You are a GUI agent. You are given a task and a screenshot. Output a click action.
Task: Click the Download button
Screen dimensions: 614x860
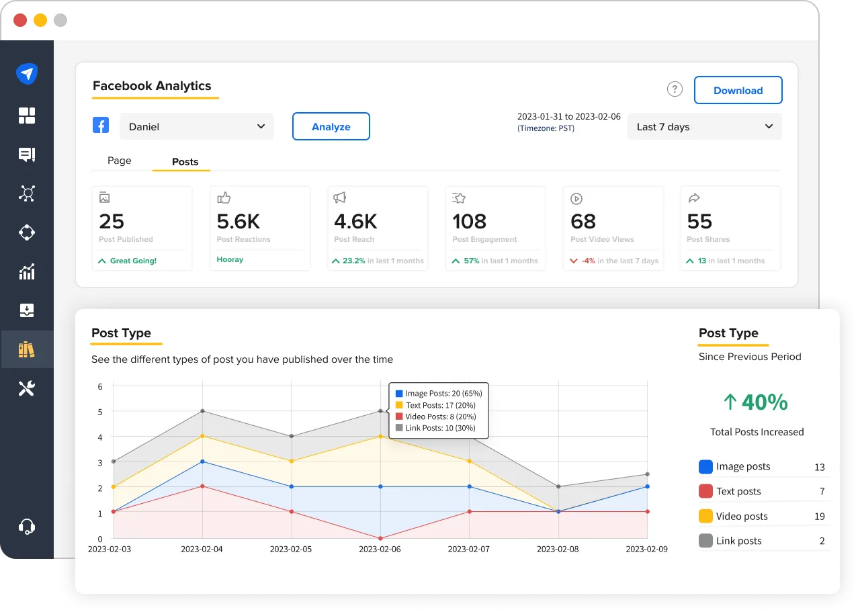(x=738, y=90)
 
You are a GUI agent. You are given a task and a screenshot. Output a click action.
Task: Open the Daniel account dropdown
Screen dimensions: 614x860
(x=196, y=126)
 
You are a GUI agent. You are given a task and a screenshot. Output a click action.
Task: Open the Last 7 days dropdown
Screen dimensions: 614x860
(x=704, y=126)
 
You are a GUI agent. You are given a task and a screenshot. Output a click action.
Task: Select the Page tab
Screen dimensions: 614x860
(x=120, y=161)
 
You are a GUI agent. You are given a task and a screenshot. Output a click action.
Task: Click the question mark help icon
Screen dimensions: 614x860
(x=675, y=89)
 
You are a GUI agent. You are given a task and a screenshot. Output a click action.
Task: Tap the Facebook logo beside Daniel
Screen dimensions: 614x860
(x=101, y=125)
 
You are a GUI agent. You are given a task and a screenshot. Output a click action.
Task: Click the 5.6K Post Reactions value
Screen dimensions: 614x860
(x=238, y=221)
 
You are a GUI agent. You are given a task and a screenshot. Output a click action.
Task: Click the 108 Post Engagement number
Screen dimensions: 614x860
(x=469, y=221)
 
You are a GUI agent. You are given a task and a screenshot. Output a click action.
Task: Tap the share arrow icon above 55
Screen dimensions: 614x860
(x=694, y=198)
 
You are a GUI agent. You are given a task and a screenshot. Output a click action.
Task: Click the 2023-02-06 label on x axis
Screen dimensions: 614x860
(x=380, y=549)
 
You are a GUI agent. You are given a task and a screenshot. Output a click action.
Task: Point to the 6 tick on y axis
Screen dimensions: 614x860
(x=100, y=386)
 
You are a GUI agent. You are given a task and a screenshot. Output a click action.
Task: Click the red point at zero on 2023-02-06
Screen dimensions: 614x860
(x=380, y=538)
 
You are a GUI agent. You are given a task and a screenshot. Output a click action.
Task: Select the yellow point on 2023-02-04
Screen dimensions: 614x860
(x=202, y=437)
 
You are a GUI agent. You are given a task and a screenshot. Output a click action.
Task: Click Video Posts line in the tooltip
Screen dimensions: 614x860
(x=438, y=416)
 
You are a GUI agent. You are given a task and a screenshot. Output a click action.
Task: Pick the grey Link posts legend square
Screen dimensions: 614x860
(x=705, y=541)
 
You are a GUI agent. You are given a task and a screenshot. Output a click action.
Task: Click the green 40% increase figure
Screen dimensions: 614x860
(x=756, y=402)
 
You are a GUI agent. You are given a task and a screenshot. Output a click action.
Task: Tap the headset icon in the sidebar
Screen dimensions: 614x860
(x=27, y=526)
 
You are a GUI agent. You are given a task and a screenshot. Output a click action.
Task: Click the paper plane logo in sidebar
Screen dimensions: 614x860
(x=27, y=73)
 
